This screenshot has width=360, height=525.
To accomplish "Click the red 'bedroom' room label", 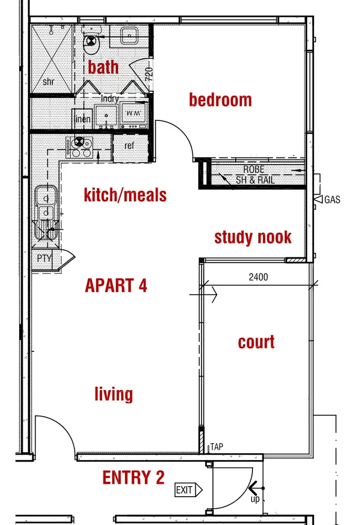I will pyautogui.click(x=220, y=100).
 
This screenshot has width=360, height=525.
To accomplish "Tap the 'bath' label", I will pyautogui.click(x=103, y=67).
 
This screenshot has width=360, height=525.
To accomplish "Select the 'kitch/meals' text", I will pyautogui.click(x=125, y=195).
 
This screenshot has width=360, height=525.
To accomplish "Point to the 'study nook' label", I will pyautogui.click(x=253, y=237).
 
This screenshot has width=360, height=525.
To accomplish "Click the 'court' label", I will pyautogui.click(x=256, y=342).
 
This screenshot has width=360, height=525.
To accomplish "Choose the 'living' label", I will pyautogui.click(x=114, y=394).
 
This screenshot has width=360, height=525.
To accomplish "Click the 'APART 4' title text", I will pyautogui.click(x=116, y=286).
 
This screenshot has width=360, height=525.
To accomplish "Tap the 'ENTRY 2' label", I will pyautogui.click(x=133, y=477).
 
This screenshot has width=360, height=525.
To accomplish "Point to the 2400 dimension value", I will pyautogui.click(x=258, y=277).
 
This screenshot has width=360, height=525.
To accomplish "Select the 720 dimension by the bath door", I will pyautogui.click(x=149, y=74).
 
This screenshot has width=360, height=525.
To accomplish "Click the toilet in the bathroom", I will pyautogui.click(x=91, y=44).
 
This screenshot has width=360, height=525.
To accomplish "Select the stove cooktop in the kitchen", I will pyautogui.click(x=79, y=147).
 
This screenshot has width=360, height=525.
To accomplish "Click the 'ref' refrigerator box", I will pyautogui.click(x=129, y=146).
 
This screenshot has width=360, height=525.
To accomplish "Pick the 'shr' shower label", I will pyautogui.click(x=48, y=82).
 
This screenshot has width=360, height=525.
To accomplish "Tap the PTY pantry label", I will pyautogui.click(x=45, y=259).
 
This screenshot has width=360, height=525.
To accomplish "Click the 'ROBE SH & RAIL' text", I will pyautogui.click(x=254, y=176).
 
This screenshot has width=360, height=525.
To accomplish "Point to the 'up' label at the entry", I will pyautogui.click(x=255, y=500).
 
